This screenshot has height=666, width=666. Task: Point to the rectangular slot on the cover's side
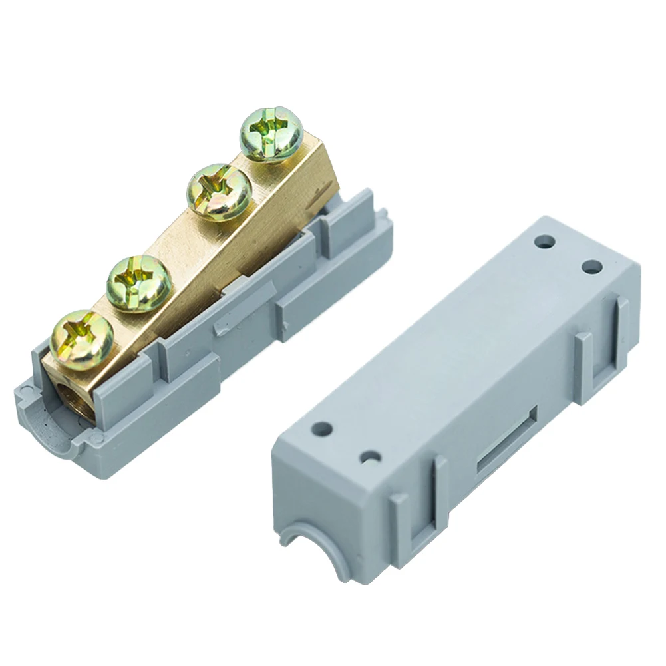(506, 442)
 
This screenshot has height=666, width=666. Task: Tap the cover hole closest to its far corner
(591, 267)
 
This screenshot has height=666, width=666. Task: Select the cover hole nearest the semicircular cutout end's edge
(371, 458)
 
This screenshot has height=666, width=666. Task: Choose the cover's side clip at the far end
(602, 346)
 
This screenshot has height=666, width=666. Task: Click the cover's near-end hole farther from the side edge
(324, 429)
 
